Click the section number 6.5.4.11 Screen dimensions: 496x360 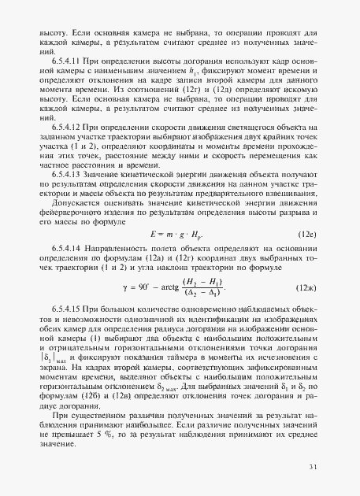65,61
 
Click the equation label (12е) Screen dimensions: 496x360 306,234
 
